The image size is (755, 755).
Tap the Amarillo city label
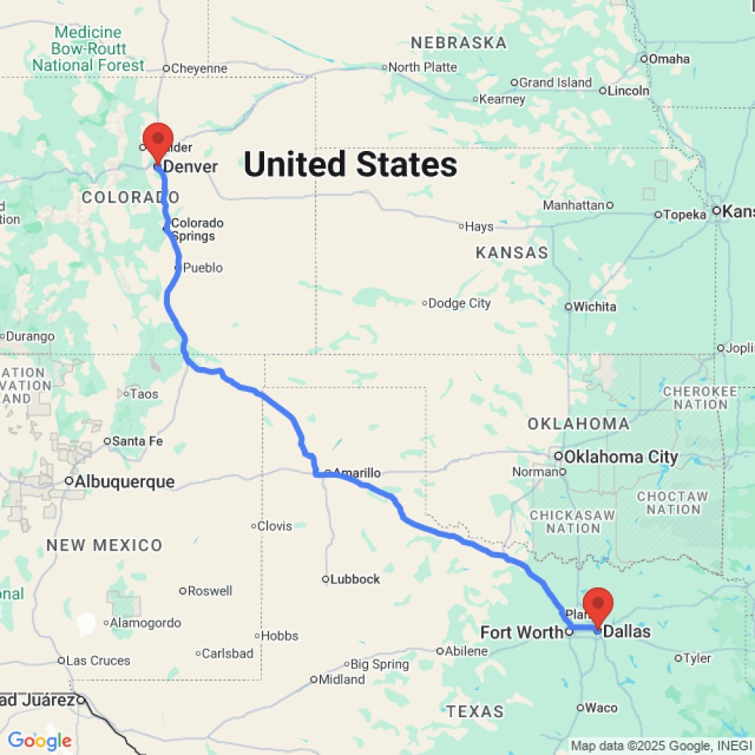pyautogui.click(x=356, y=473)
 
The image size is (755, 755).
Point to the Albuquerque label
pyautogui.click(x=125, y=481)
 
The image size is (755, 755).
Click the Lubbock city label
pyautogui.click(x=355, y=579)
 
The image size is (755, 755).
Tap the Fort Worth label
pyautogui.click(x=522, y=632)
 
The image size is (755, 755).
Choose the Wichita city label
pyautogui.click(x=595, y=307)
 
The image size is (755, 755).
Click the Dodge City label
pyautogui.click(x=459, y=304)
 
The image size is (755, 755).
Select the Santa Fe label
pyautogui.click(x=137, y=441)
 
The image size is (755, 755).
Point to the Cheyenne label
pyautogui.click(x=199, y=69)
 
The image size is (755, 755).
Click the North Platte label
pyautogui.click(x=423, y=67)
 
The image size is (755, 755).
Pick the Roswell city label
pyautogui.click(x=209, y=590)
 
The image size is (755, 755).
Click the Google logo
pyautogui.click(x=39, y=741)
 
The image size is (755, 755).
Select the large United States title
pyautogui.click(x=350, y=165)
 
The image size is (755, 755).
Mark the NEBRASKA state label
pyautogui.click(x=458, y=43)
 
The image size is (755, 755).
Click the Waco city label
pyautogui.click(x=602, y=707)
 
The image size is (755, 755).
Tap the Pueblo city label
pyautogui.click(x=203, y=268)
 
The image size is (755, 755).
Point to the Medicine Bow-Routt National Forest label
pyautogui.click(x=88, y=48)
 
